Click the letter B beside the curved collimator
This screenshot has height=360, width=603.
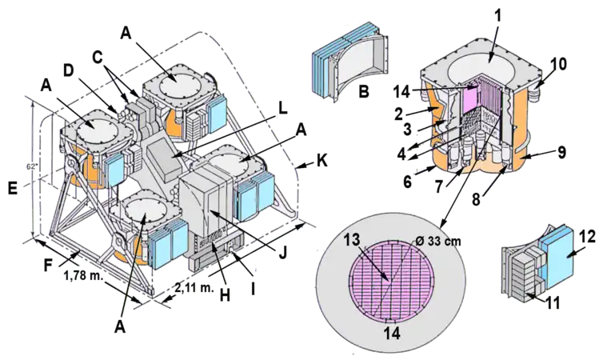tap(365, 94)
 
